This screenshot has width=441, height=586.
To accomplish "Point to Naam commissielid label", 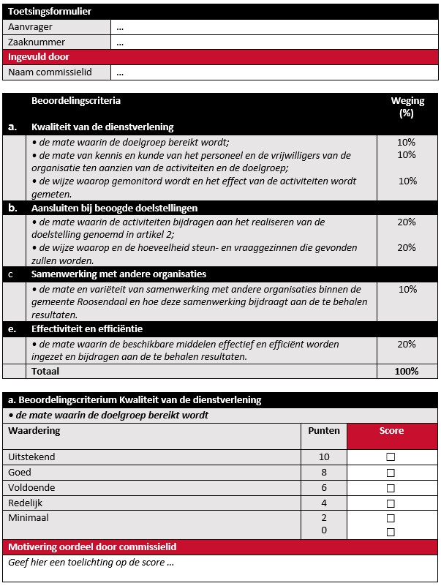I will (48, 72).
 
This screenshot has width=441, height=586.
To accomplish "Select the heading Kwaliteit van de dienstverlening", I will (102, 127).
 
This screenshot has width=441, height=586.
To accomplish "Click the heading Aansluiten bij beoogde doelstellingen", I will (114, 208).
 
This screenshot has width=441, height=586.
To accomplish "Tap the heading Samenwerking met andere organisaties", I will (118, 274).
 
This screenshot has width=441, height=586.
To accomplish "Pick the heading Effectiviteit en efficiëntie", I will (87, 328).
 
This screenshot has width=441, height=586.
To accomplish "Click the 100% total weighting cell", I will (406, 371).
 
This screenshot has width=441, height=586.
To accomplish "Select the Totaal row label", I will (45, 371).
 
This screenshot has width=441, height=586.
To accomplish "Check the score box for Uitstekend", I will (391, 457).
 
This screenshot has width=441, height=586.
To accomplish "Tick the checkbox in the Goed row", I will (391, 473).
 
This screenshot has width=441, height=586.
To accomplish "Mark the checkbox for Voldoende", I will (391, 488).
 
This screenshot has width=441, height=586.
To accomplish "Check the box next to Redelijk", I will (391, 503).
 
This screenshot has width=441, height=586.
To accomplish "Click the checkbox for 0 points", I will (391, 532).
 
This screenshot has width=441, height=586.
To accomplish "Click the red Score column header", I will (391, 431).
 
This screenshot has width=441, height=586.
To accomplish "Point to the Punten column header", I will (324, 431).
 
